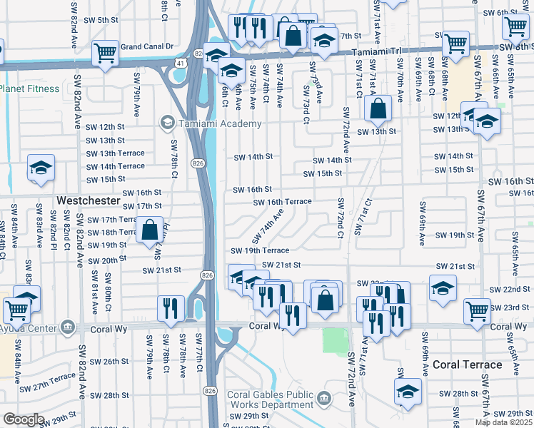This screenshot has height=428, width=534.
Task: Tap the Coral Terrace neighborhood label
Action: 467,365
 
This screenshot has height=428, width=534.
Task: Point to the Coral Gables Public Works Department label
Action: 271,400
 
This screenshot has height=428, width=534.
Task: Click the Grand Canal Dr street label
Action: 147,46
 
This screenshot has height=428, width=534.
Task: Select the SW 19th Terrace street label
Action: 259,250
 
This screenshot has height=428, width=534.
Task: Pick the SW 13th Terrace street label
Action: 115,153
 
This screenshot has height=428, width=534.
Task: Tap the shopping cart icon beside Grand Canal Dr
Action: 105,52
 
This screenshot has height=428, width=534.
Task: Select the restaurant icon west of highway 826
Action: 171,308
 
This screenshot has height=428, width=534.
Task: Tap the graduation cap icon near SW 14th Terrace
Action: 41,168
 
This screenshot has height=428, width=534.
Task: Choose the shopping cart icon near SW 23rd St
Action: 477,310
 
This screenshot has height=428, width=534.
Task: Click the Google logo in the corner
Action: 23,419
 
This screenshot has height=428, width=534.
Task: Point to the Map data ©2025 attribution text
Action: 503,422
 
